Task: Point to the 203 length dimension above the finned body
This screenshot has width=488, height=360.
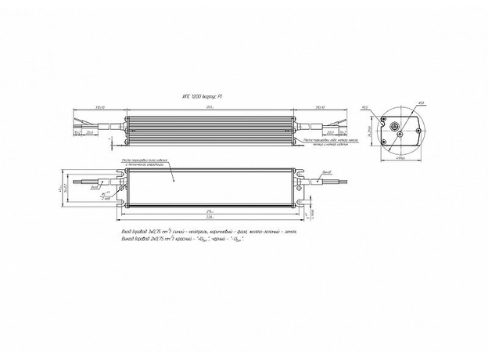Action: (209, 106)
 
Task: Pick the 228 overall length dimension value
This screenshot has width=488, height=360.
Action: (210, 219)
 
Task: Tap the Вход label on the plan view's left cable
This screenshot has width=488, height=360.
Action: (95, 188)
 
